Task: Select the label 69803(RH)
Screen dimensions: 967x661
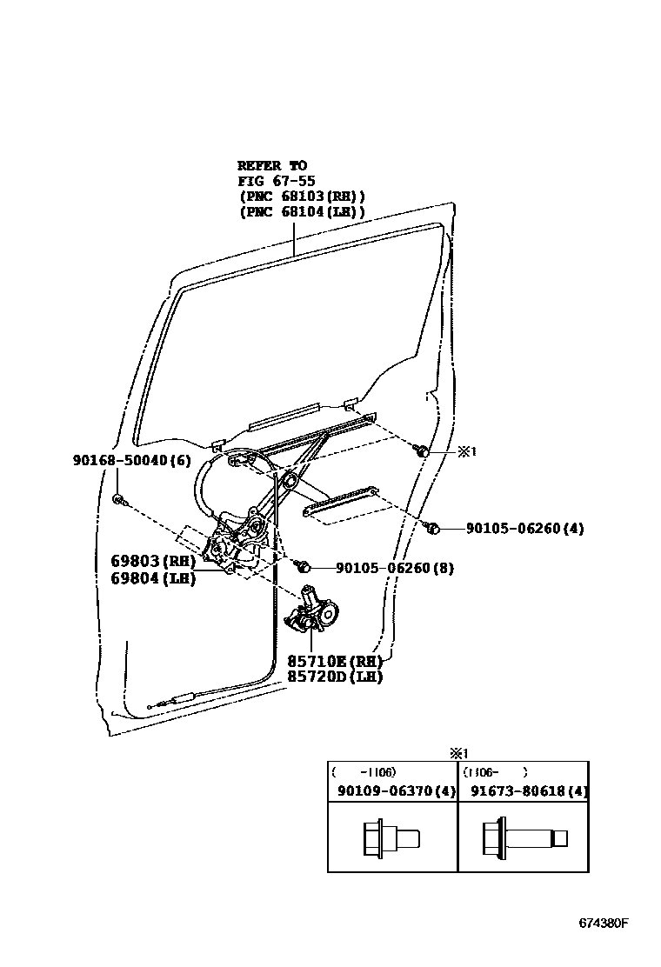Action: pyautogui.click(x=153, y=561)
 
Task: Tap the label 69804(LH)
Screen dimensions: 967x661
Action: pyautogui.click(x=153, y=578)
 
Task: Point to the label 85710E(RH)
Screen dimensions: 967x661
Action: pyautogui.click(x=335, y=661)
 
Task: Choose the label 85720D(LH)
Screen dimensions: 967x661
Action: pyautogui.click(x=335, y=677)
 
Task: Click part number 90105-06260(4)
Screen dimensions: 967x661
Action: pyautogui.click(x=524, y=528)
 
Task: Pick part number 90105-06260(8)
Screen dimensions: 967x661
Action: pyautogui.click(x=395, y=568)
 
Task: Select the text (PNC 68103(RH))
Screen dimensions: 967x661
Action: pyautogui.click(x=302, y=197)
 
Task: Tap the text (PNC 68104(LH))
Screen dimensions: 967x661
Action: pyautogui.click(x=302, y=212)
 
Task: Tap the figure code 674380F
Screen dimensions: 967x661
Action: pyautogui.click(x=604, y=923)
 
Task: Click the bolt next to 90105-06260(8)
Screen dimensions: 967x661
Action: pyautogui.click(x=304, y=566)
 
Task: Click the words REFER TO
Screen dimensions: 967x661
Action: pyautogui.click(x=272, y=165)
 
